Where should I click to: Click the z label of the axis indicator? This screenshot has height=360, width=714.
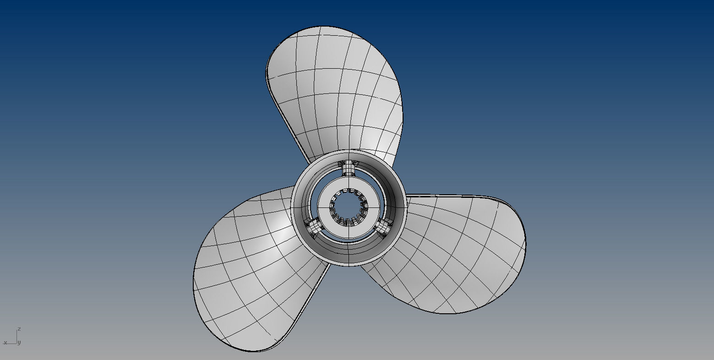19,329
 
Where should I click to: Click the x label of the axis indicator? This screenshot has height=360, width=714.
5,343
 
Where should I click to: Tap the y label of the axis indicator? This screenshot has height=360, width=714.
19,343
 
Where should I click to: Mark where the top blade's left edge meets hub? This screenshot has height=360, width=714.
308,163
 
